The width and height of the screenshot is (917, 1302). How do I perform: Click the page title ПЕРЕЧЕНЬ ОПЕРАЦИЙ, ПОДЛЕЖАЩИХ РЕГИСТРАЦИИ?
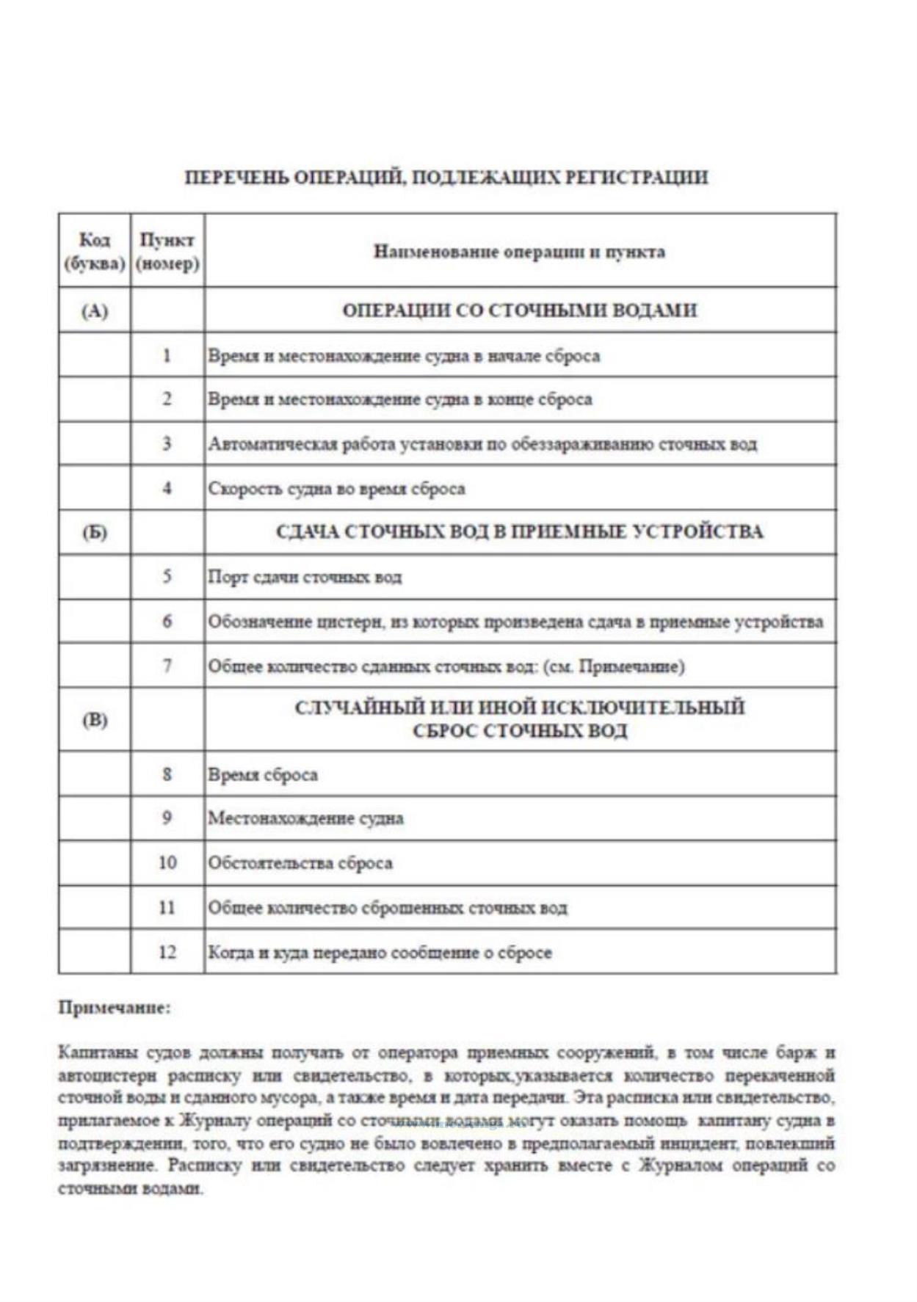[x=446, y=178]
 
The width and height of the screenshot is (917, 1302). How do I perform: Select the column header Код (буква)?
[x=95, y=252]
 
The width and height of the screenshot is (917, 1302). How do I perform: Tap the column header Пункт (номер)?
[x=167, y=252]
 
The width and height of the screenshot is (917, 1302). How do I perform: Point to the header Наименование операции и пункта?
[x=519, y=252]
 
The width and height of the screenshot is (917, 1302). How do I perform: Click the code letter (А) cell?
[x=95, y=311]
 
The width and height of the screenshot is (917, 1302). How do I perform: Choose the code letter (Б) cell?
[x=95, y=533]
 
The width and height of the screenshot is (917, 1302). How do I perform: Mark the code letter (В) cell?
[x=95, y=720]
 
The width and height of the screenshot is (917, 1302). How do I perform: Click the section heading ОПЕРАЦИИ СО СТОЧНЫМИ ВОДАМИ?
[x=519, y=310]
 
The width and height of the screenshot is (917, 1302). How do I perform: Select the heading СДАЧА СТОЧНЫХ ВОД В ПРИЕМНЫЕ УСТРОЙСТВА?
[x=519, y=532]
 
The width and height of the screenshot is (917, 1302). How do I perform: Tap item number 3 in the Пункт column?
[x=167, y=443]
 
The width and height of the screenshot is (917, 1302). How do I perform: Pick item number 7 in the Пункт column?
[x=167, y=666]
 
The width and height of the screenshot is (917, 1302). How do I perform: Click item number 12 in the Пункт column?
[x=167, y=952]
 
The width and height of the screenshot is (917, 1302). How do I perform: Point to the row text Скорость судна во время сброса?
[x=336, y=489]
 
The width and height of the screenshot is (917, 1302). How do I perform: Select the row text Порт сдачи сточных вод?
[x=305, y=577]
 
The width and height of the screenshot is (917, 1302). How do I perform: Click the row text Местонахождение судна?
[x=305, y=818]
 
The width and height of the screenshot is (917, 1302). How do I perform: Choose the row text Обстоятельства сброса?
[x=300, y=863]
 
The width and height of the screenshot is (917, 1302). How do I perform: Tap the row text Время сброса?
[x=263, y=775]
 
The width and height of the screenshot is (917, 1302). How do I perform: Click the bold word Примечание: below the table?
[x=115, y=1008]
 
